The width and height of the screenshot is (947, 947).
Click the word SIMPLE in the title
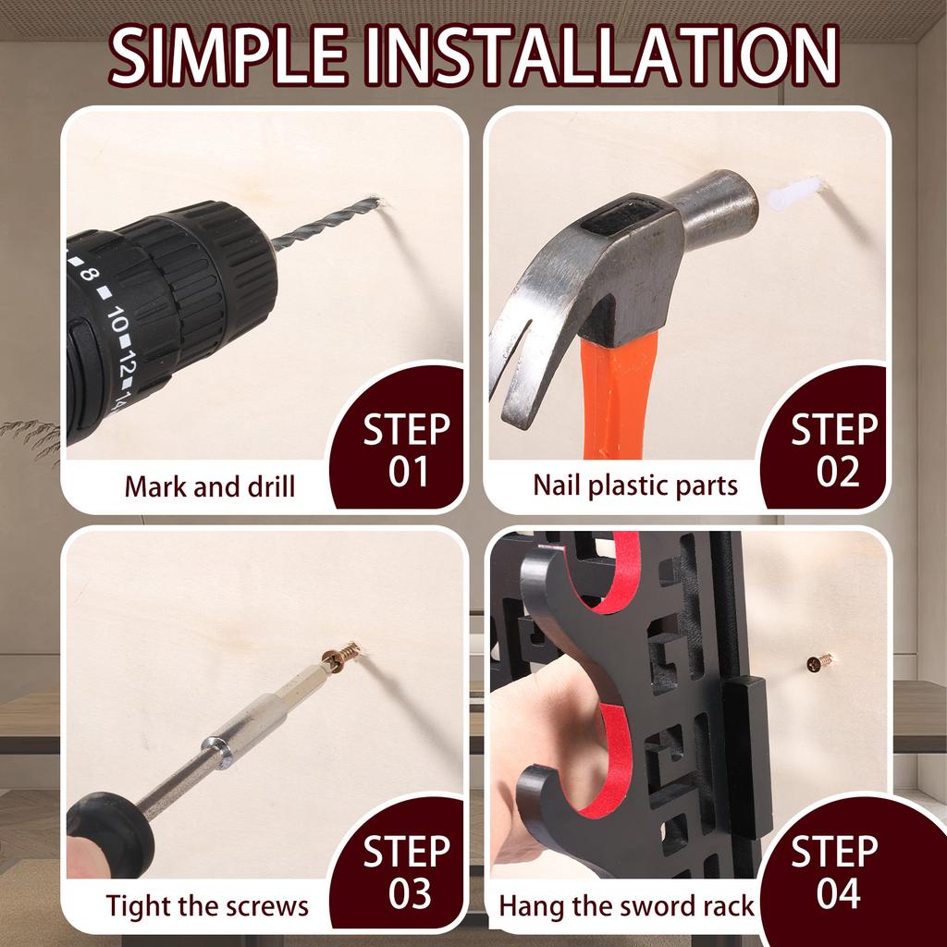(228, 55)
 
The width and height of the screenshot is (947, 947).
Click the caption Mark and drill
(210, 486)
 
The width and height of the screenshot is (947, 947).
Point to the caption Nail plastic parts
(635, 486)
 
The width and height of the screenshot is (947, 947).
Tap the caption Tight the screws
(207, 906)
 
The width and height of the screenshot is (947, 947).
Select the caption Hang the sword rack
(626, 906)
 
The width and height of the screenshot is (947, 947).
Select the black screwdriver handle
(110, 835)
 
